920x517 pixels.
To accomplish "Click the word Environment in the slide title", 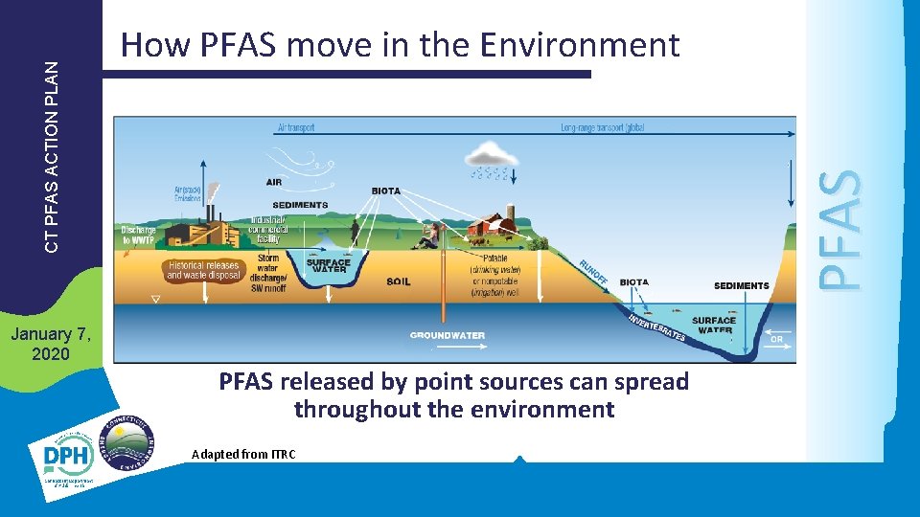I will coord(580,44).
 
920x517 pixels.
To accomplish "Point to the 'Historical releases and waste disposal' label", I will coord(202,270).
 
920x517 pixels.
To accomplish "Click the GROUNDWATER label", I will coord(448,335).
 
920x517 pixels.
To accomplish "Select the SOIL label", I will coord(398,281).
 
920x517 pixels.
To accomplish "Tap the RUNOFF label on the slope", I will coord(591,272).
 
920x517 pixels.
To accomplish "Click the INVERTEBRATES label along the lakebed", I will coord(656,326).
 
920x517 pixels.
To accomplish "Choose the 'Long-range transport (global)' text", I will coord(602,127).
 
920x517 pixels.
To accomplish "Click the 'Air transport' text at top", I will coord(295,127).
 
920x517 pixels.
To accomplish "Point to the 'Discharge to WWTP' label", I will coord(138,236).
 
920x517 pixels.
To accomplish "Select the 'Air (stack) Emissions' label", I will coord(188,194).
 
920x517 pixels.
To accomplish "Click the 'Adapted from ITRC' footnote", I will coord(243,454).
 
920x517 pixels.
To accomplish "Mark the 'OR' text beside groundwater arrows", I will coord(776,339).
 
